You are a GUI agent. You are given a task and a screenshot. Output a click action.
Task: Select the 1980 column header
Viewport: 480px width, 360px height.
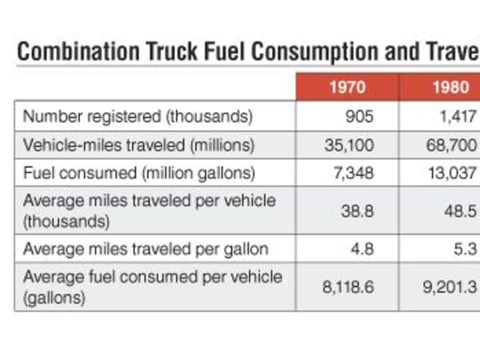coord(450,89)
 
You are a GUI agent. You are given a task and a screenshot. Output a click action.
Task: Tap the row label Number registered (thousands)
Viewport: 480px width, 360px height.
coord(138,117)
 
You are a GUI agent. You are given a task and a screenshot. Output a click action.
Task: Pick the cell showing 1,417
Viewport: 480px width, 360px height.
coord(457,117)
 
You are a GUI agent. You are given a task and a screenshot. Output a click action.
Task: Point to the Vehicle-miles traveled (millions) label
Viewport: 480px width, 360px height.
coord(138,146)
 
